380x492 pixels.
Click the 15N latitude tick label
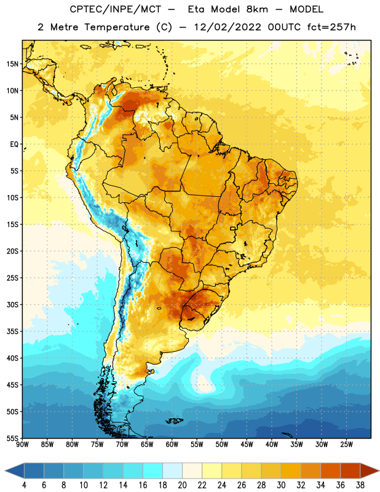point(12,64)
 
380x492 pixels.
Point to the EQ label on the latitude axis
point(14,145)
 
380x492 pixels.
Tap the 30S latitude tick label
point(12,305)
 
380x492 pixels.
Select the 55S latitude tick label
point(12,438)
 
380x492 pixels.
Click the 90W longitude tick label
point(22,445)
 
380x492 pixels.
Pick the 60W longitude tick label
point(172,445)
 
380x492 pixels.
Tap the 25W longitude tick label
point(346,445)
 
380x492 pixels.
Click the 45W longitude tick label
point(247,445)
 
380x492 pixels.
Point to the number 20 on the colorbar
point(182,485)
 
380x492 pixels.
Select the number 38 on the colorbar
point(360,485)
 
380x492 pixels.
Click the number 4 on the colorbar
point(24,485)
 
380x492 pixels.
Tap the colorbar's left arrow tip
point(5,470)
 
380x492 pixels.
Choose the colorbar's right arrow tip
point(379,470)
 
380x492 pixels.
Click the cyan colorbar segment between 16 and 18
point(152,470)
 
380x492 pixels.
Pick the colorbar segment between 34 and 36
point(330,470)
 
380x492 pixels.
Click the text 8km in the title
point(257,9)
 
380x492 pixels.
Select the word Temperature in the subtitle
point(117,27)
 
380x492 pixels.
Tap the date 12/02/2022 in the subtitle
point(228,27)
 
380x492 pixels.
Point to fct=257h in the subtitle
point(331,27)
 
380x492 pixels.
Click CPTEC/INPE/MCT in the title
point(115,9)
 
